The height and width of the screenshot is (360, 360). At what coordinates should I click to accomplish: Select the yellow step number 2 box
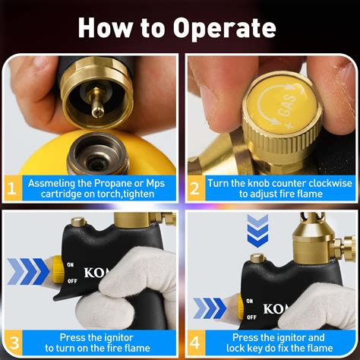pyautogui.click(x=196, y=188)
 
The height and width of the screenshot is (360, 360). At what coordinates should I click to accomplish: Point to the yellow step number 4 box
pyautogui.click(x=196, y=340)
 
